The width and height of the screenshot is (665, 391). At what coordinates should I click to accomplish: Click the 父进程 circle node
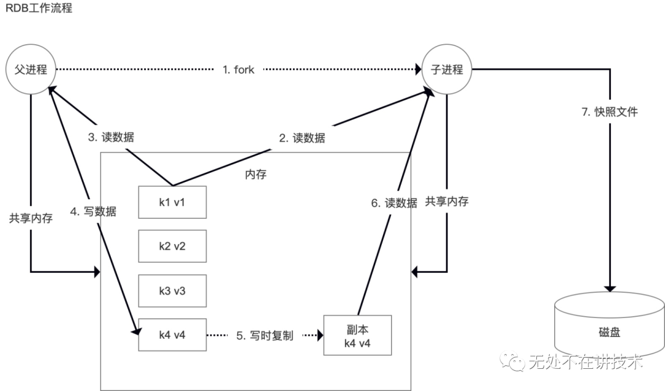tap(31, 69)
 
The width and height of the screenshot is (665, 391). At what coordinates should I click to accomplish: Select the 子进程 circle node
tap(447, 69)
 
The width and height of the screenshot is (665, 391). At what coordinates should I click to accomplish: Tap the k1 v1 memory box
tap(172, 202)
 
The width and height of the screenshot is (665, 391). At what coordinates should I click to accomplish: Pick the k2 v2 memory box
tap(172, 246)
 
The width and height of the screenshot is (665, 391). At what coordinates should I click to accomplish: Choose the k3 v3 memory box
tap(172, 290)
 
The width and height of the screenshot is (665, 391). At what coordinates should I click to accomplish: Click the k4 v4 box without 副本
tap(172, 335)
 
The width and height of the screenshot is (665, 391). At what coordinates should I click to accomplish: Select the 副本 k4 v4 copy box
tap(357, 335)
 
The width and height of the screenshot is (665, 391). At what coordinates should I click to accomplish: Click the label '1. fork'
tap(238, 70)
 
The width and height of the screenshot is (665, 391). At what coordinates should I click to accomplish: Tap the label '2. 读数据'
tap(302, 138)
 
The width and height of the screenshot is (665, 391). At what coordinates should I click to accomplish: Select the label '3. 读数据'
tap(111, 138)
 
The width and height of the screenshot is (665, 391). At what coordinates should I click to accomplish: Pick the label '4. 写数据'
tap(94, 211)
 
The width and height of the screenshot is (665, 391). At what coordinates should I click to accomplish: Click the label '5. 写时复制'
tap(265, 336)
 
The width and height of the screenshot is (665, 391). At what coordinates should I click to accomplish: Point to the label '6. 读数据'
tap(394, 203)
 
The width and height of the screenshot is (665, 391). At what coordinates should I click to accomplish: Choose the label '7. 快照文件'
tap(610, 112)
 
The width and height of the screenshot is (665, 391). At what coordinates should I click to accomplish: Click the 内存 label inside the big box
tap(256, 175)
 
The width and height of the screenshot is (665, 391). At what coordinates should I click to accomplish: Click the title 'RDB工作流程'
tap(39, 10)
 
